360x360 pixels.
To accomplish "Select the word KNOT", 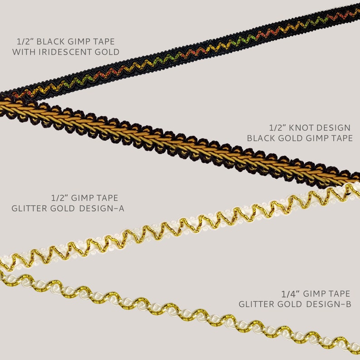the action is (300, 128).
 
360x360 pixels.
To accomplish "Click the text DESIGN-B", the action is (329, 304).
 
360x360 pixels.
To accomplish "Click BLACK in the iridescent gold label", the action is (50, 42).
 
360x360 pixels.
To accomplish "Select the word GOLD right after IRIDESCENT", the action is (107, 52).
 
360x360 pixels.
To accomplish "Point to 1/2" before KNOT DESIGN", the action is (277, 128).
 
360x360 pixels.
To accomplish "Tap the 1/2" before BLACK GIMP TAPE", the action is (25, 42).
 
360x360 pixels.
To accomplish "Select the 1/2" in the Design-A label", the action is (59, 198).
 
